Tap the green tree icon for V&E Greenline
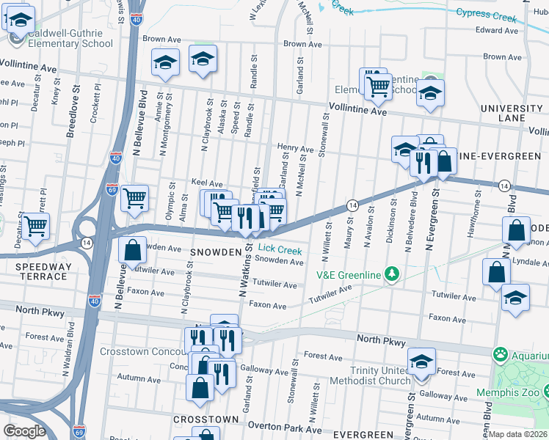click(393, 274)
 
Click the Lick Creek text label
click(280, 250)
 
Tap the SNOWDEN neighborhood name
click(217, 252)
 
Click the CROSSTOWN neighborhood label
click(206, 419)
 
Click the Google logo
click(24, 430)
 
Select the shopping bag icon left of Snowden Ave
click(132, 249)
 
